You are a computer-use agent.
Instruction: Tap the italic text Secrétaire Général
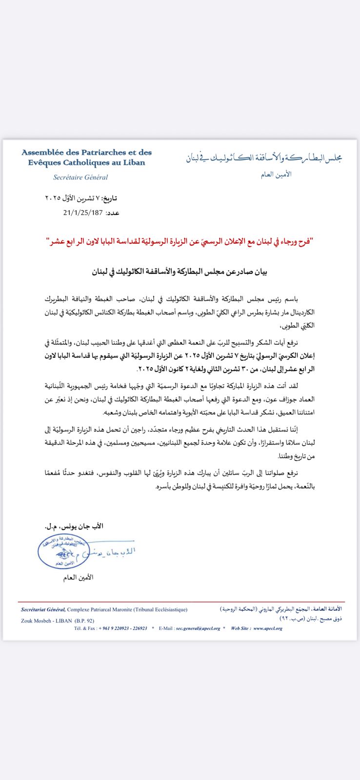pyautogui.click(x=80, y=177)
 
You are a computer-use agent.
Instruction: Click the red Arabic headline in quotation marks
pyautogui.click(x=180, y=241)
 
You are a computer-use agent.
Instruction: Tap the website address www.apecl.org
pyautogui.click(x=267, y=628)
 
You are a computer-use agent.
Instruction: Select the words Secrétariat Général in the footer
pyautogui.click(x=43, y=609)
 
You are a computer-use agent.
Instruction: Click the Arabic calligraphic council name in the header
pyautogui.click(x=263, y=157)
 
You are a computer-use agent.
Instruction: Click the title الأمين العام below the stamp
pyautogui.click(x=78, y=578)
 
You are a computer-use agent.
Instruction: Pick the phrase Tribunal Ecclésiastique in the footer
pyautogui.click(x=160, y=609)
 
